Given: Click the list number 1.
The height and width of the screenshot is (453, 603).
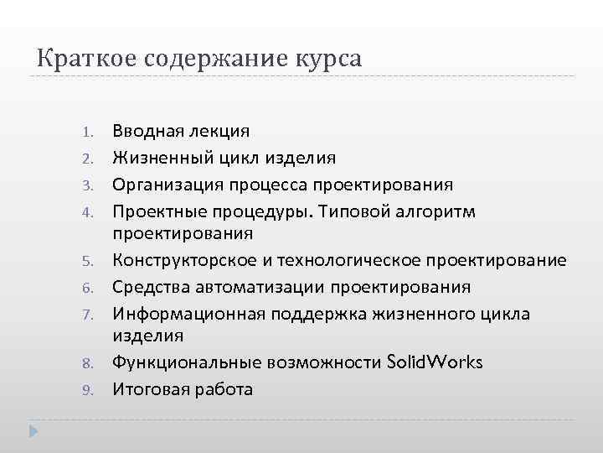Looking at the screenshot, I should click(91, 132).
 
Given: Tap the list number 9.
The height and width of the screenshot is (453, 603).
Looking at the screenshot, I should click(91, 390).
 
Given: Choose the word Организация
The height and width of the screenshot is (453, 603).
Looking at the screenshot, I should click(167, 185).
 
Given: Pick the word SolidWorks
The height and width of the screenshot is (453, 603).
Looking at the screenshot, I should click(435, 362).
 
